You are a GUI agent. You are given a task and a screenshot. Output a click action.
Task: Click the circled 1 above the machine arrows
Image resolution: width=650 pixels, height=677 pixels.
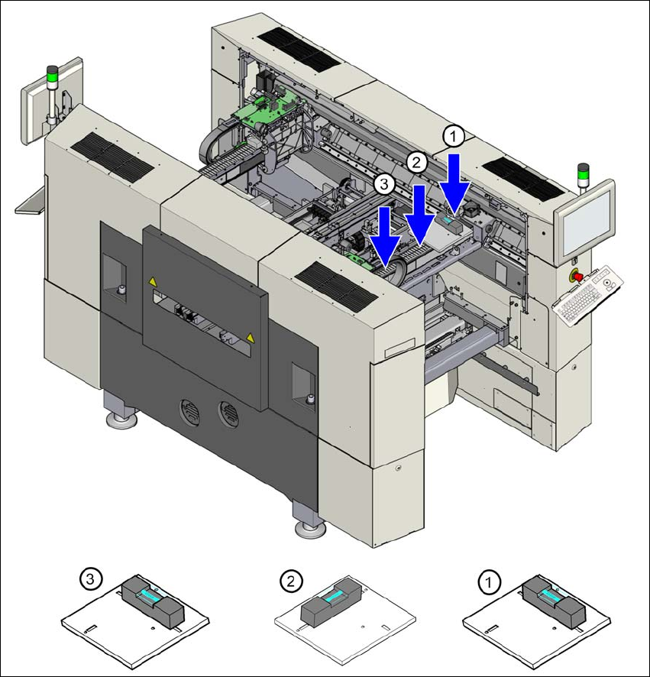tap(454, 137)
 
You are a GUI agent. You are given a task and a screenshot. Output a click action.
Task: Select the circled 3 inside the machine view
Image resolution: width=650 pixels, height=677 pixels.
tap(385, 183)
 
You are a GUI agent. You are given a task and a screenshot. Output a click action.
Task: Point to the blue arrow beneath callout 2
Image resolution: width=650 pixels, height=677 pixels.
tap(419, 211)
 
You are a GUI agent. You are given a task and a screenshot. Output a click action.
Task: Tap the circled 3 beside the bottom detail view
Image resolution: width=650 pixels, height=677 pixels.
tap(91, 581)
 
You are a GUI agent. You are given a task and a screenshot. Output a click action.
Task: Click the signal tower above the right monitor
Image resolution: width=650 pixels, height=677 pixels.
tap(584, 173)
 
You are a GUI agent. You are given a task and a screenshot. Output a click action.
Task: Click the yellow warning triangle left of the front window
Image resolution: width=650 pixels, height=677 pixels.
tap(153, 282)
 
